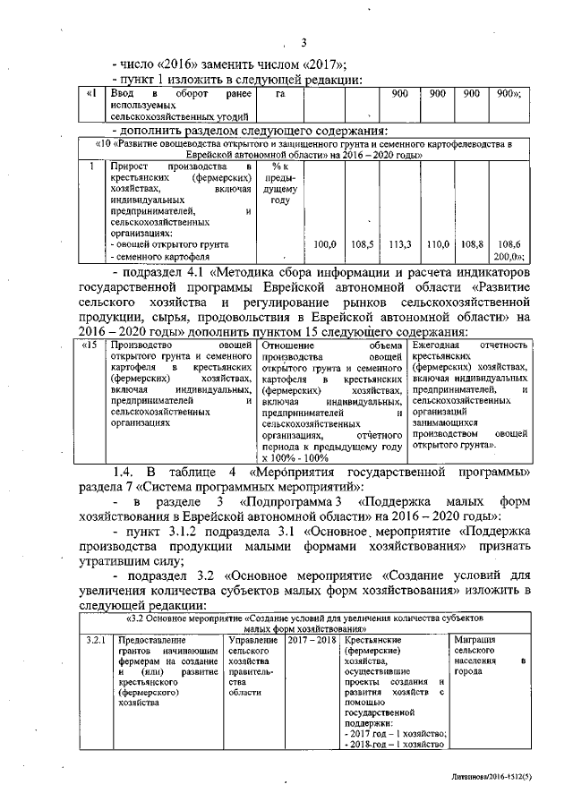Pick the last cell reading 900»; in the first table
509,93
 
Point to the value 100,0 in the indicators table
326,243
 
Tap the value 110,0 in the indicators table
436,243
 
